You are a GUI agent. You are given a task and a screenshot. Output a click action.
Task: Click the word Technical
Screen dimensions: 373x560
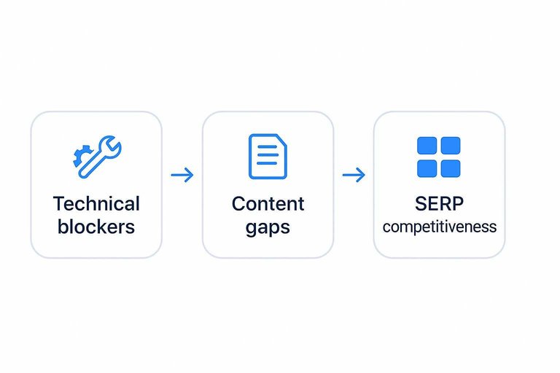(x=96, y=203)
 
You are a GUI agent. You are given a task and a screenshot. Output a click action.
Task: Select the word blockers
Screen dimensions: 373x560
(x=96, y=227)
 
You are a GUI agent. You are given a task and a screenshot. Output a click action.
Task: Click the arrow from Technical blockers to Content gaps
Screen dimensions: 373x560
(x=182, y=175)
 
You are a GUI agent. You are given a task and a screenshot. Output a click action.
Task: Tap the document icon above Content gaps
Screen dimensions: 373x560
(x=268, y=156)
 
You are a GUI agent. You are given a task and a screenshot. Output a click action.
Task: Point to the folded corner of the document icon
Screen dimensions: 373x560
(x=281, y=139)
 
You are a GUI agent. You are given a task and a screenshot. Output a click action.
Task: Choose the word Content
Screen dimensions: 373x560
(x=268, y=203)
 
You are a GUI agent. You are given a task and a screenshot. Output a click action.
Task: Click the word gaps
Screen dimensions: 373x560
(x=268, y=227)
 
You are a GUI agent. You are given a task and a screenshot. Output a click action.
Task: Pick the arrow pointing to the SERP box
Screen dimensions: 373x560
(x=354, y=175)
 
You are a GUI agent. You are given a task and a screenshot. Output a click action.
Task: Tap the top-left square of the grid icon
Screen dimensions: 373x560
(x=427, y=146)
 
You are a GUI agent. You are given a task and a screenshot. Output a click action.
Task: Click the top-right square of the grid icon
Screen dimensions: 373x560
(x=451, y=146)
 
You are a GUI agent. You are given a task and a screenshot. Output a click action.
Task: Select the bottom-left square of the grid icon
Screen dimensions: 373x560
(x=427, y=168)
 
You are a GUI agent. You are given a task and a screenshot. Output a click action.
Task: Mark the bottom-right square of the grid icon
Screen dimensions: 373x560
(x=451, y=168)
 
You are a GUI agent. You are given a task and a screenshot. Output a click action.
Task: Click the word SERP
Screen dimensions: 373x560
(x=439, y=203)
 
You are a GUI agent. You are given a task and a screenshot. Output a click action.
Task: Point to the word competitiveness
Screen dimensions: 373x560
(x=439, y=227)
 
